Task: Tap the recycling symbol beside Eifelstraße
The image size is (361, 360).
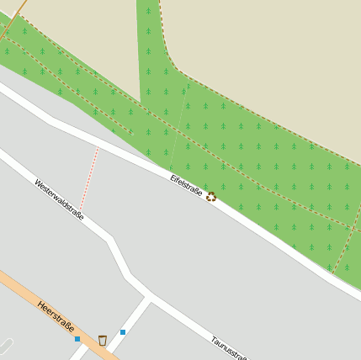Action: click(x=211, y=196)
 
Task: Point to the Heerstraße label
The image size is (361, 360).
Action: click(x=56, y=317)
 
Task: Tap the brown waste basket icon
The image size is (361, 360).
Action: click(x=103, y=340)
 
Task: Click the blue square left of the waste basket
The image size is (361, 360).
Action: click(x=77, y=339)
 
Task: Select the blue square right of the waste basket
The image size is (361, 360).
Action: click(x=123, y=332)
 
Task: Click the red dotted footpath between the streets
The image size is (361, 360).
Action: click(x=90, y=177)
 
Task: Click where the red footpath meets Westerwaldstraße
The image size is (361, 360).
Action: click(x=80, y=209)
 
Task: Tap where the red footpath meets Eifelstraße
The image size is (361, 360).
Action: click(x=99, y=146)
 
